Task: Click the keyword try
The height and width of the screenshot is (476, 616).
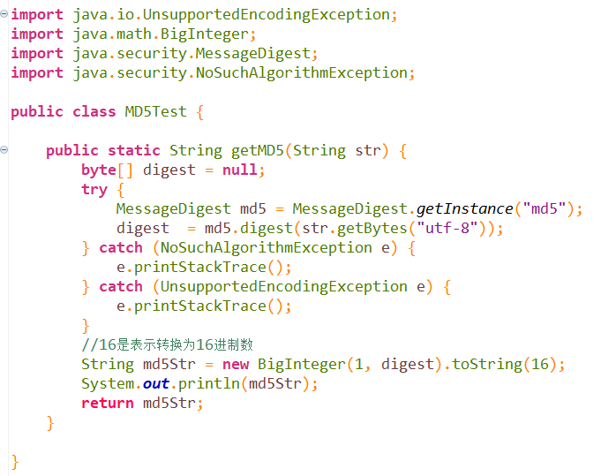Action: click(x=94, y=190)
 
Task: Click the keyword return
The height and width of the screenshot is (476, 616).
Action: click(x=108, y=404)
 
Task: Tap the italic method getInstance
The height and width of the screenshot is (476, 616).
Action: click(x=464, y=209)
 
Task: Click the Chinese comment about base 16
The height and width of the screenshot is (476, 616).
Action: click(x=168, y=344)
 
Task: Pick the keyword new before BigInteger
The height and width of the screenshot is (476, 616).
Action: click(x=236, y=365)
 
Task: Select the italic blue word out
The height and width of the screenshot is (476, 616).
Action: click(x=156, y=384)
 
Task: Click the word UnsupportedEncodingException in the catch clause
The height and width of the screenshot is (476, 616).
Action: click(x=283, y=287)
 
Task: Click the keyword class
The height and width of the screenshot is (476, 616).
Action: click(x=94, y=112)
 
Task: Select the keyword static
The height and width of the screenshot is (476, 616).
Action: click(x=134, y=151)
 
